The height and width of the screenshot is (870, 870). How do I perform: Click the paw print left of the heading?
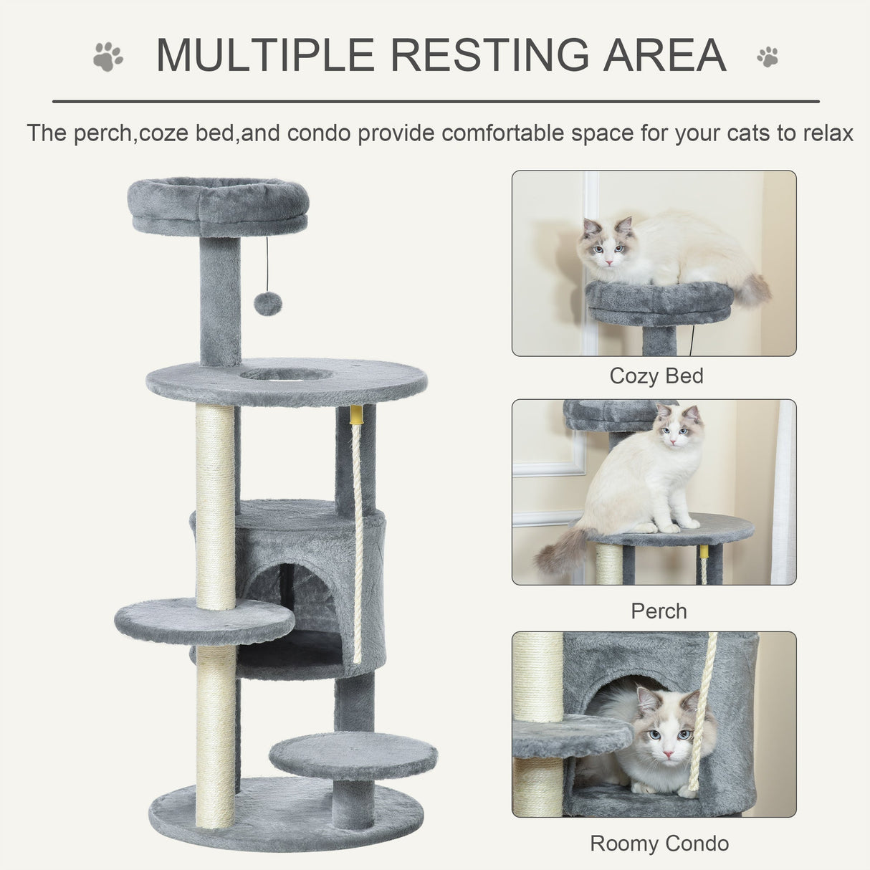(108, 57)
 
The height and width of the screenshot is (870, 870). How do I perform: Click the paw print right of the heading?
(767, 57)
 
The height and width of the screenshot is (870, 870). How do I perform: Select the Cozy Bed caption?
(656, 376)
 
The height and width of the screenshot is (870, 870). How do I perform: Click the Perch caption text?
(659, 611)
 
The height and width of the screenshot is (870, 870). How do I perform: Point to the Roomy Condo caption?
(659, 843)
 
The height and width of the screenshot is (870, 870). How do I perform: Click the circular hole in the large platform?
(286, 374)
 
